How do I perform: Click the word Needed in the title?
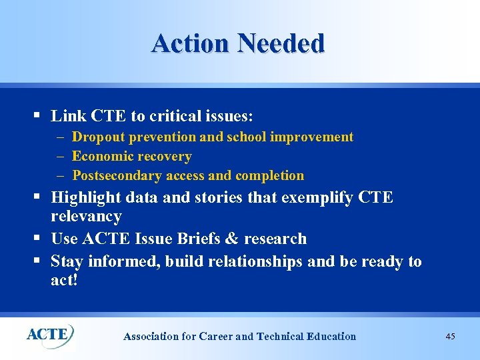[281, 43]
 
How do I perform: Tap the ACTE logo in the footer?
[50, 333]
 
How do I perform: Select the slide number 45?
[450, 337]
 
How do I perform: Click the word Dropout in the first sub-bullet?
[97, 137]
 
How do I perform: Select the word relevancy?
[86, 217]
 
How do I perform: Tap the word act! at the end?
[65, 280]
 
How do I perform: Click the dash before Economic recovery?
[60, 157]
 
